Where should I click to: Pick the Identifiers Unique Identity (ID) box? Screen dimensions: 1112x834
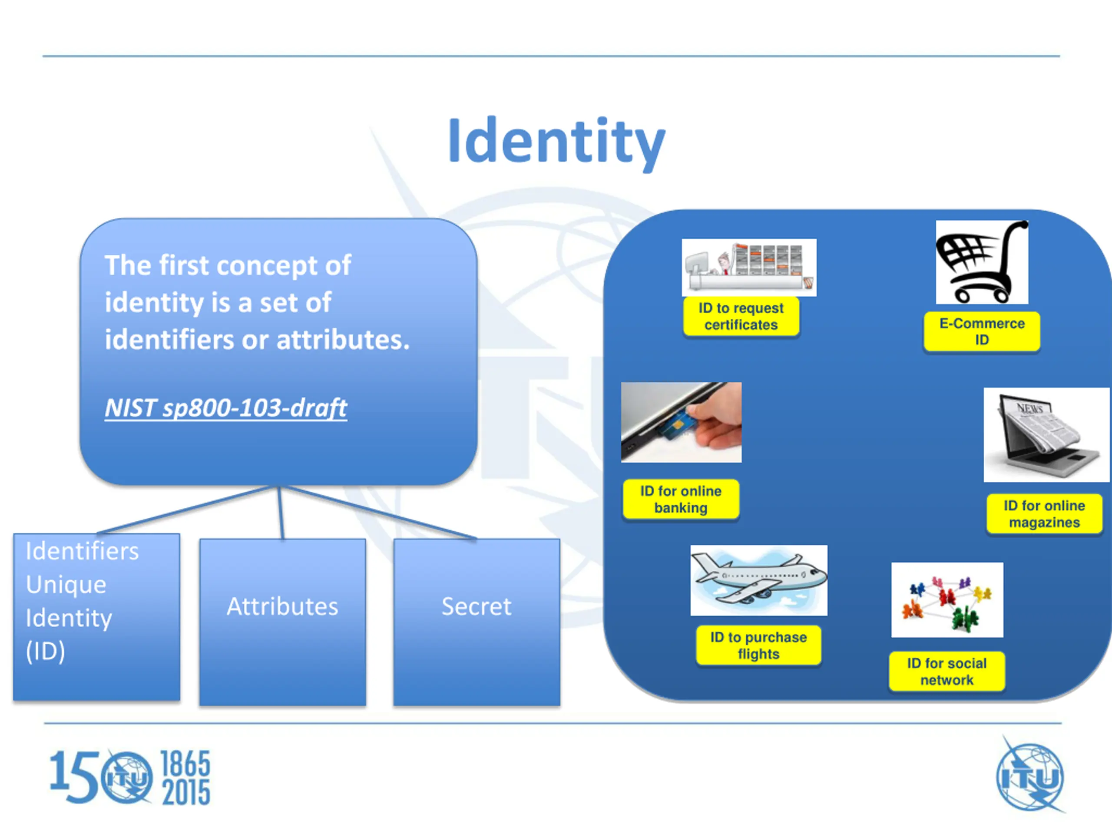tap(96, 616)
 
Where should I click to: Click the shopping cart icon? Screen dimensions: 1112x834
tap(981, 262)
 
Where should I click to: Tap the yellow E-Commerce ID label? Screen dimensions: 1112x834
tap(981, 332)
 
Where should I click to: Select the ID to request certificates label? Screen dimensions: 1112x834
tap(741, 316)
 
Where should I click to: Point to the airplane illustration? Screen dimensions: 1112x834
tap(758, 580)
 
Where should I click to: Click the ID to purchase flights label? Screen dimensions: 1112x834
tap(758, 645)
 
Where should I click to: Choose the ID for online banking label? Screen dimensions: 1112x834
tap(681, 499)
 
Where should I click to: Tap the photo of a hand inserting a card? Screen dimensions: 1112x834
tap(681, 422)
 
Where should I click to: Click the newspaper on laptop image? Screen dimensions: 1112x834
tap(1046, 435)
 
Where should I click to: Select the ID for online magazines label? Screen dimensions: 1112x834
tap(1044, 514)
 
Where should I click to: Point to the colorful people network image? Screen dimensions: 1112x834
tap(947, 600)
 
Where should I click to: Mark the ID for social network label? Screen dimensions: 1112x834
tap(947, 672)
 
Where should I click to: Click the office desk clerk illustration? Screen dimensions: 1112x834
tap(748, 268)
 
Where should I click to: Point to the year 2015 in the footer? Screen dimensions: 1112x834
tap(185, 793)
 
